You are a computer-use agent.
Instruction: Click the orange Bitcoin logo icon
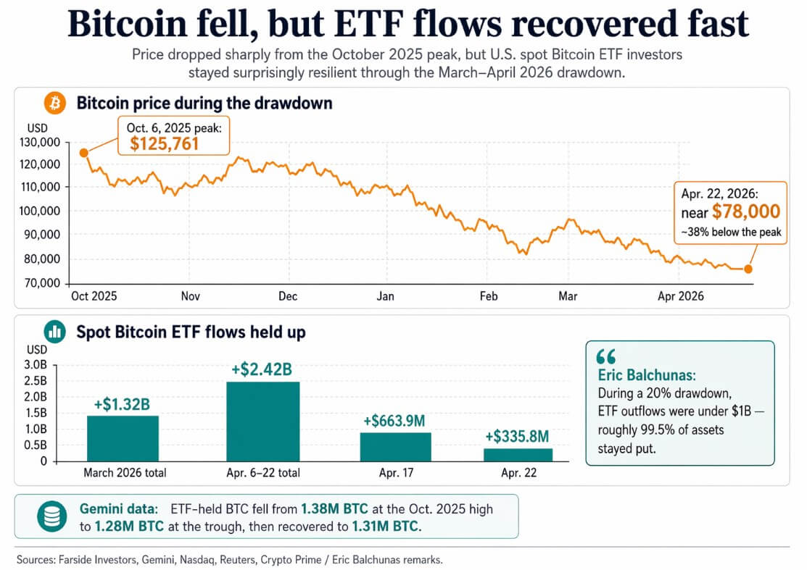54,104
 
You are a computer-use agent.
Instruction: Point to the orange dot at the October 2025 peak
84,152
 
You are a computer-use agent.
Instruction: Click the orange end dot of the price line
748,269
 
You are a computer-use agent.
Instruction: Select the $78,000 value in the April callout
745,211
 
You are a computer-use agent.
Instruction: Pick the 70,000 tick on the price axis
42,282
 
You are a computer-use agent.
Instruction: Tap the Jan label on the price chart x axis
385,296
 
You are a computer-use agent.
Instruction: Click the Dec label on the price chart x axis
287,296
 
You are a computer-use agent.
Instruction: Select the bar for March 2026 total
123,437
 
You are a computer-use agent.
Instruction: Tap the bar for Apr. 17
395,446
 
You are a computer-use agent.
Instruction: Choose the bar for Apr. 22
517,454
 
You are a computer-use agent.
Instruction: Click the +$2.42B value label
262,370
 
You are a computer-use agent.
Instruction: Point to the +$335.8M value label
517,436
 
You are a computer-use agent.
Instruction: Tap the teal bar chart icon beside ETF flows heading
54,332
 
